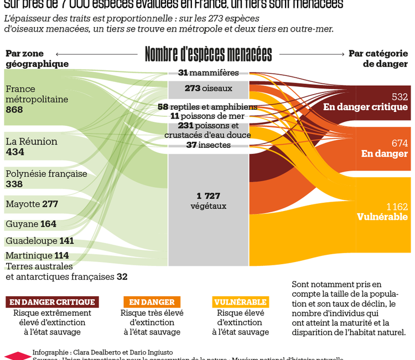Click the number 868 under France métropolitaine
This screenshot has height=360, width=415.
point(14,110)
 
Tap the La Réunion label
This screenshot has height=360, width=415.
point(32,141)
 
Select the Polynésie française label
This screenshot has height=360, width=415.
point(46,173)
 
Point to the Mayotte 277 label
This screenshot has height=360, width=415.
point(32,204)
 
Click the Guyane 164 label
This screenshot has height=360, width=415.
point(31,224)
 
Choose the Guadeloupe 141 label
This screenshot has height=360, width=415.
point(40,241)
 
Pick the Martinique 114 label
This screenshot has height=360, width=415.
point(37,255)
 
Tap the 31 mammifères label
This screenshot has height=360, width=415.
point(208,73)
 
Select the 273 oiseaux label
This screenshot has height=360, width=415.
point(208,88)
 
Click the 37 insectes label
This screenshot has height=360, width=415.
point(208,145)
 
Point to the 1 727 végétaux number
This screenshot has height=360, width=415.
point(208,196)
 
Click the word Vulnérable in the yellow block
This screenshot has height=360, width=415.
point(382,217)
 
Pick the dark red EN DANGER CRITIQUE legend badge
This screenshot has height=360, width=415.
point(52,302)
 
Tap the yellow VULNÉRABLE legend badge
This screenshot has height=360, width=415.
point(240,302)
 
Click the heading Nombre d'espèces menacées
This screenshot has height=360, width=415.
point(208,54)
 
